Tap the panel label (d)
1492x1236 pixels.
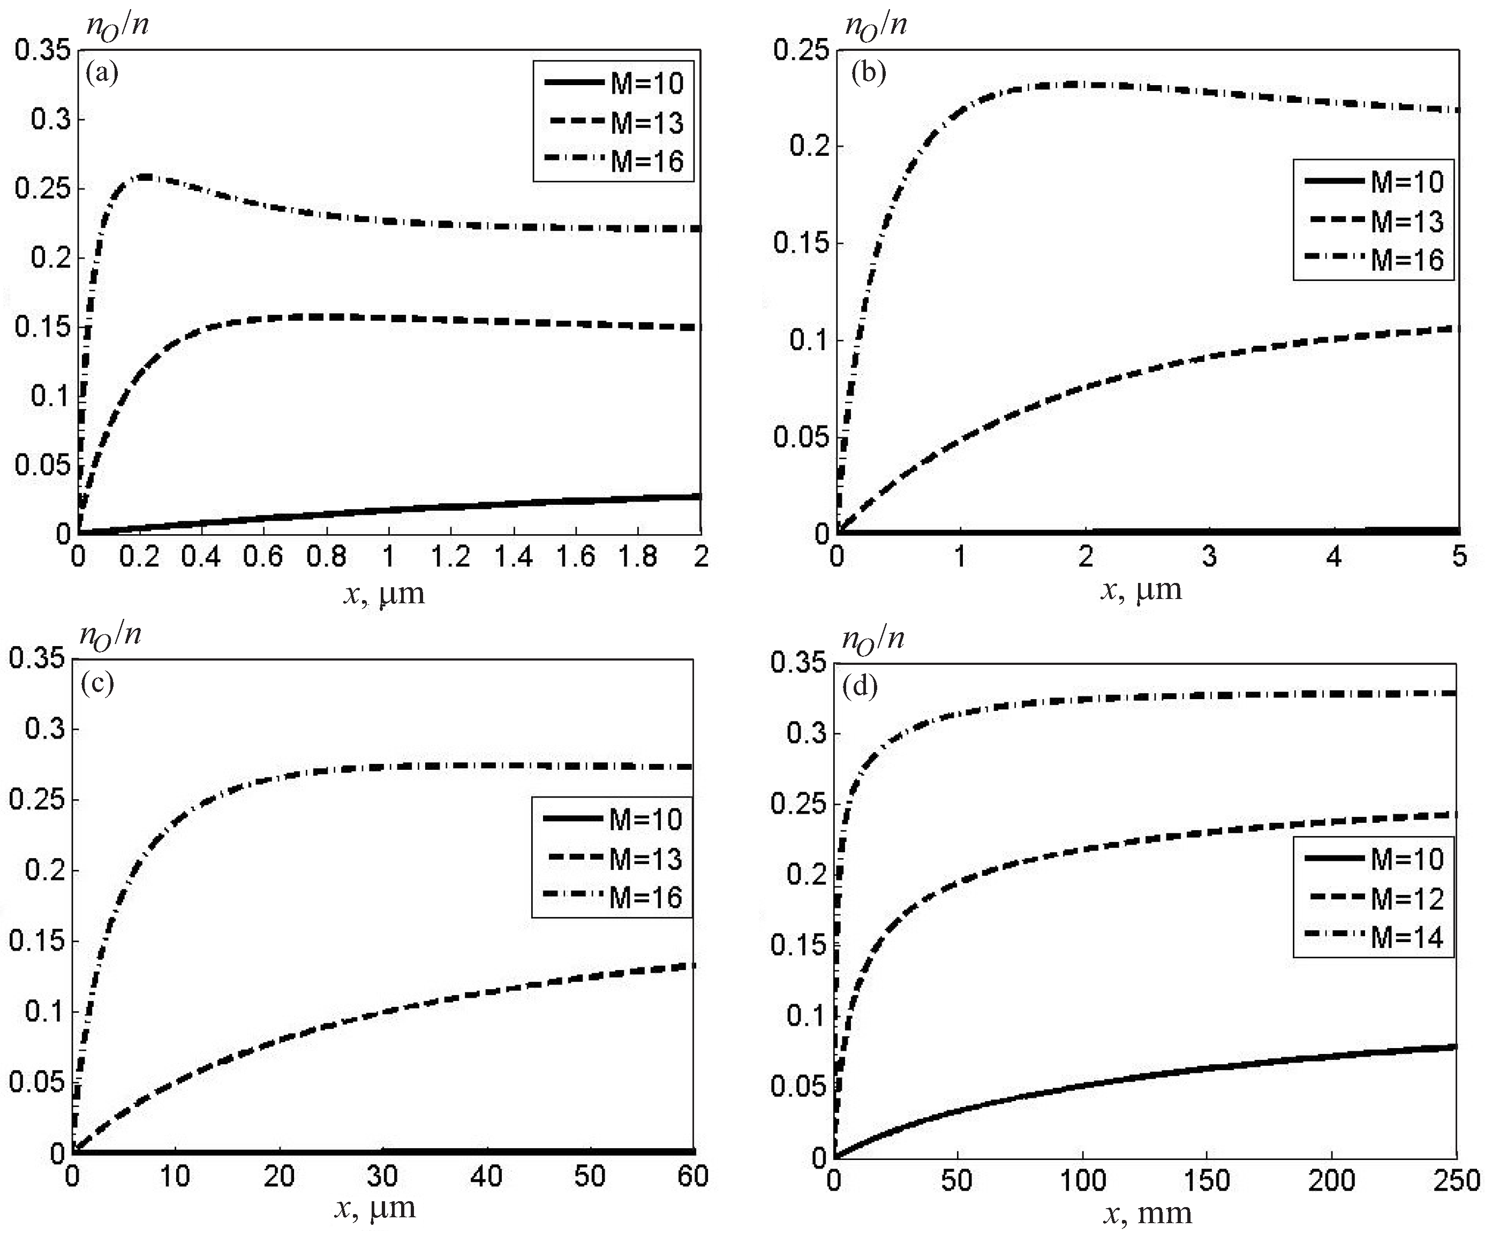tap(860, 687)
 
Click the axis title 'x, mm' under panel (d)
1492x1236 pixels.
tap(1148, 1214)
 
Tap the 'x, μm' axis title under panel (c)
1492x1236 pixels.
tap(374, 1208)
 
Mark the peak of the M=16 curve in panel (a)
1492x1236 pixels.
tap(147, 176)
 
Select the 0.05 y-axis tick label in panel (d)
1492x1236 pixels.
tap(798, 1086)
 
